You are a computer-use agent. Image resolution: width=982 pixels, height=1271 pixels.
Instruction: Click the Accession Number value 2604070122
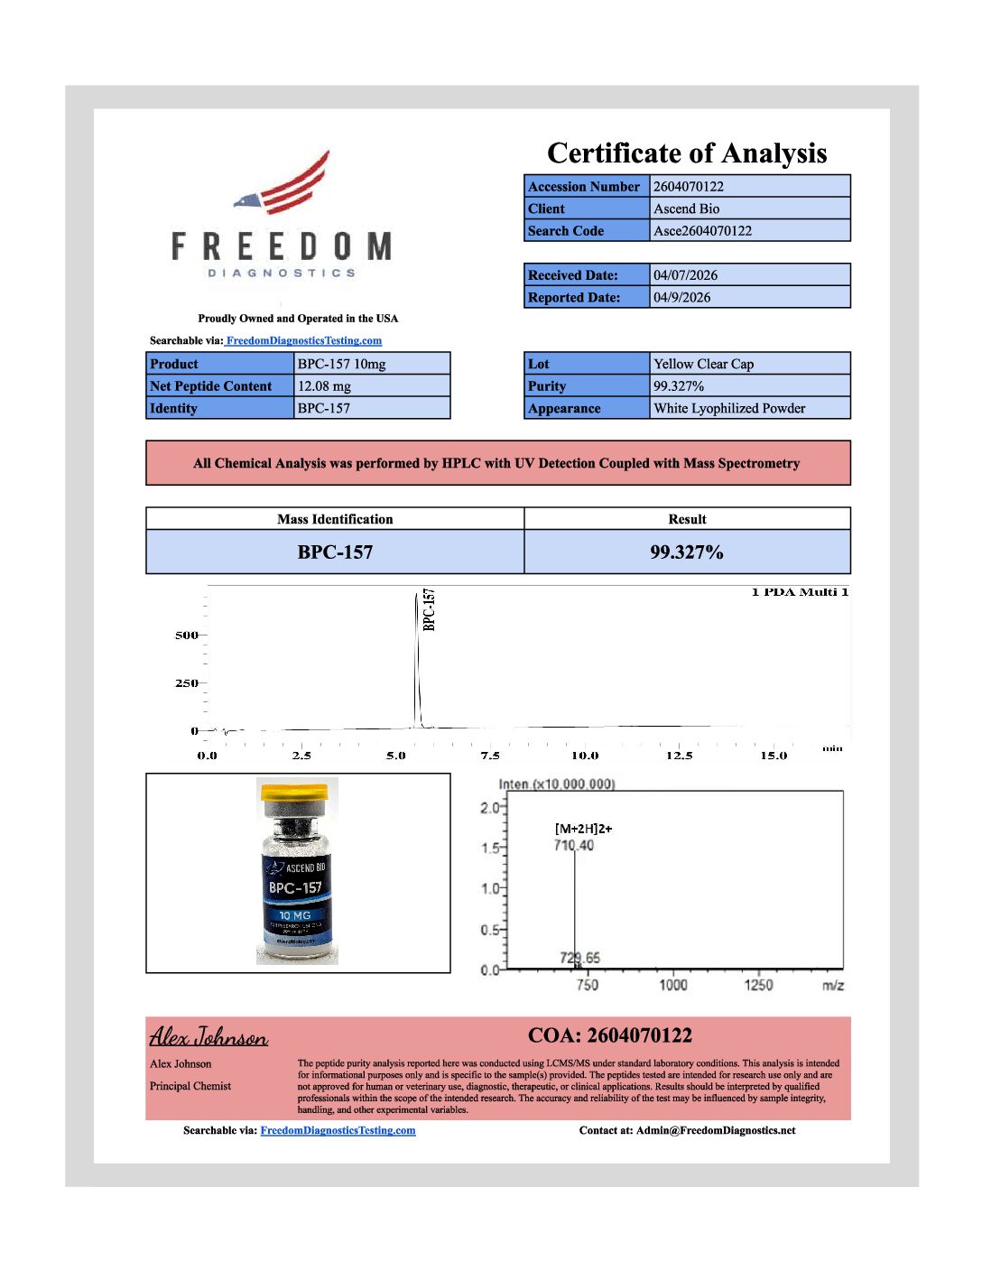pos(688,187)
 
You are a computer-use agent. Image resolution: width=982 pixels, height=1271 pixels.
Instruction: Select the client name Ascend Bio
pos(686,209)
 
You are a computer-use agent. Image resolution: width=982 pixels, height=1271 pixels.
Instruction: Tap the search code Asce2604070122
pos(702,231)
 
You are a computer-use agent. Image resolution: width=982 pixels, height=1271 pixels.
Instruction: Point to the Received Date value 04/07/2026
pos(685,275)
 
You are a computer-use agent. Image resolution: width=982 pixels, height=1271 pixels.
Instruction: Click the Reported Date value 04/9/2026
pos(681,298)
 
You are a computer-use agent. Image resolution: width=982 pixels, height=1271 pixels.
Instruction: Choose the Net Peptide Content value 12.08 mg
pos(324,386)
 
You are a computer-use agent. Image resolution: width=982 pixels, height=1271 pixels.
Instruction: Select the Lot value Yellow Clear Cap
pos(703,365)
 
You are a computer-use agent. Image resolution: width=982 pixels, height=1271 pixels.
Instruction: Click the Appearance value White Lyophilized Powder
pos(729,409)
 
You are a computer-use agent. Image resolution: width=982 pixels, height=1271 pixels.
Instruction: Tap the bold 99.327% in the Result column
pos(686,552)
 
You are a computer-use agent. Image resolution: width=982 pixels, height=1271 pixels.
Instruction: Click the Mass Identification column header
pos(335,519)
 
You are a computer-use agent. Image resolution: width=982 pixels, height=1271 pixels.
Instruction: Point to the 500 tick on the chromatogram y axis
pos(186,635)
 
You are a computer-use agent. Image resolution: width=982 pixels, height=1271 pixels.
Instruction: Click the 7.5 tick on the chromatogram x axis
pos(490,756)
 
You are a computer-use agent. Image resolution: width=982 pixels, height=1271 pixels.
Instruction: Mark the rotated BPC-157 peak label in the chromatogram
pos(430,609)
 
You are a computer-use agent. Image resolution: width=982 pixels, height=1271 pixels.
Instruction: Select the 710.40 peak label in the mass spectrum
pos(574,846)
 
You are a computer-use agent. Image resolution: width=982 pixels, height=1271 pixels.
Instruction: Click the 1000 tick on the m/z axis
pos(672,985)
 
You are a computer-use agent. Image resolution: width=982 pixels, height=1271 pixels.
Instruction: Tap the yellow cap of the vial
pos(293,793)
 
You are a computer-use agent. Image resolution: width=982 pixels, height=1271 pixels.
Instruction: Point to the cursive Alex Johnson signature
pos(208,1037)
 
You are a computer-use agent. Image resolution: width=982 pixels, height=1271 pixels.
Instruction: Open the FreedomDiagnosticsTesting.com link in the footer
pos(338,1130)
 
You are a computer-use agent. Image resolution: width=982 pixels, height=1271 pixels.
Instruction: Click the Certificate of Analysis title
pos(687,153)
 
